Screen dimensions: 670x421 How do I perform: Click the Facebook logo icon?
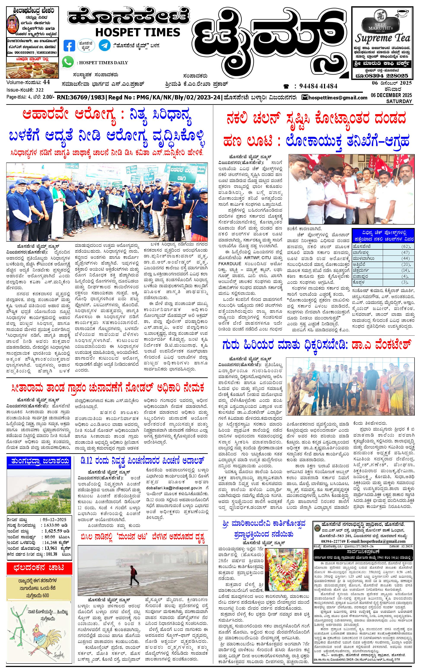click(69, 46)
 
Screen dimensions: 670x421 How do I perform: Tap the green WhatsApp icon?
click(68, 62)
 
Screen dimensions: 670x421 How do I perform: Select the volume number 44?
click(46, 82)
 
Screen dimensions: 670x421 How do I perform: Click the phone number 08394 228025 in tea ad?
click(385, 76)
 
